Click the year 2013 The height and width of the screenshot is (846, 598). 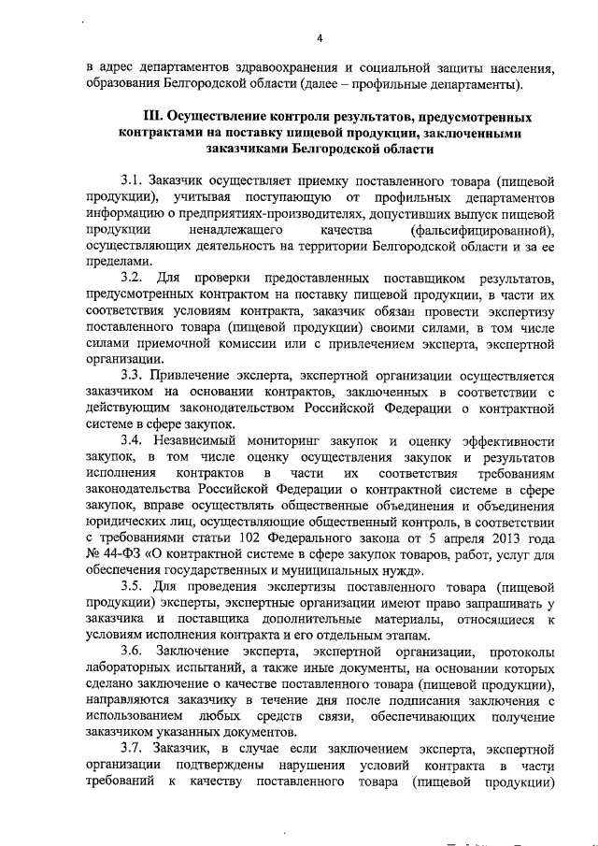499,539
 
